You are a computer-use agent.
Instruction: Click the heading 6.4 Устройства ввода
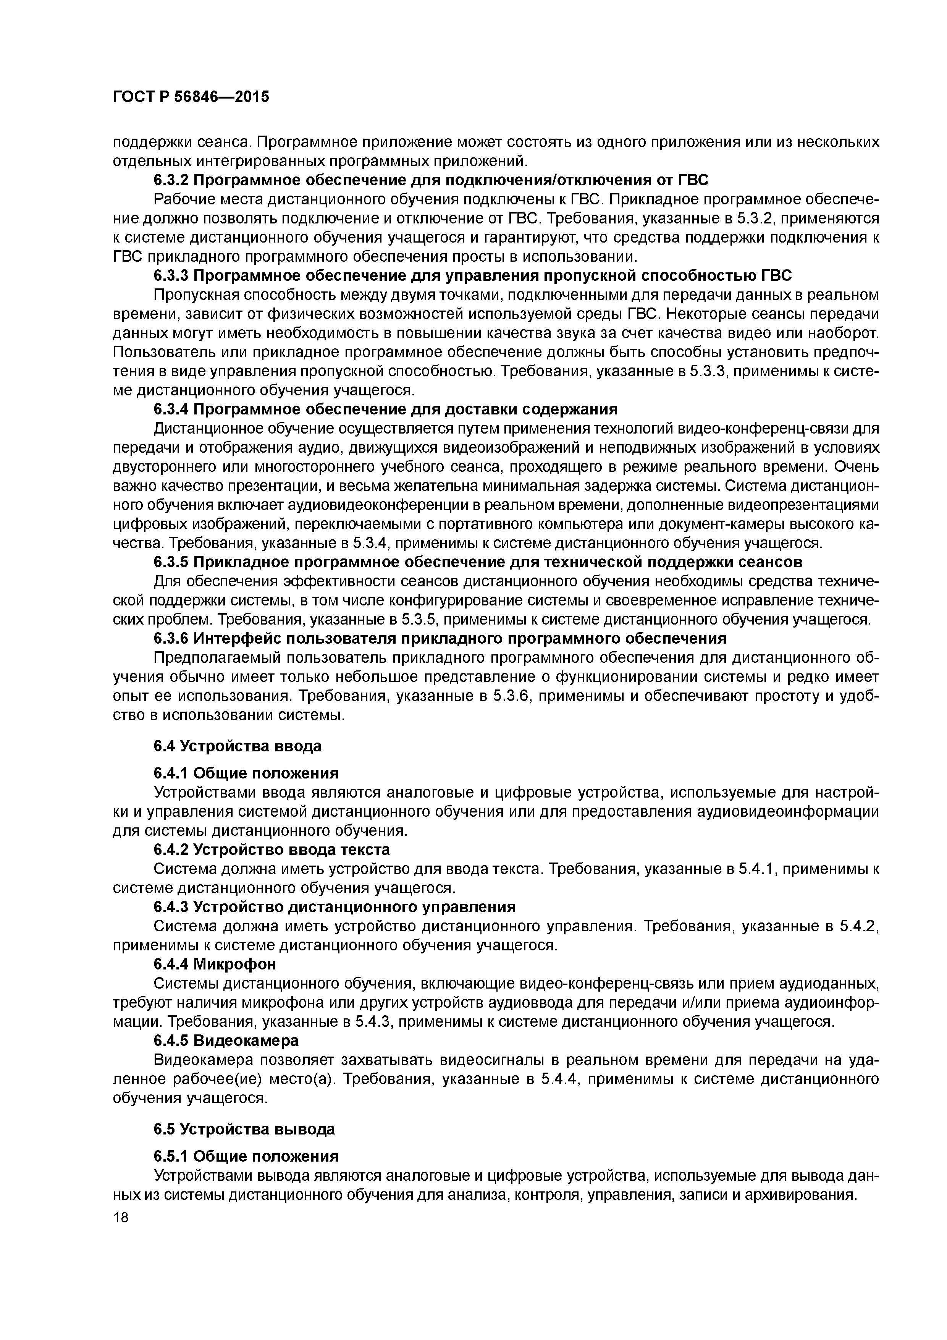[x=238, y=746]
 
